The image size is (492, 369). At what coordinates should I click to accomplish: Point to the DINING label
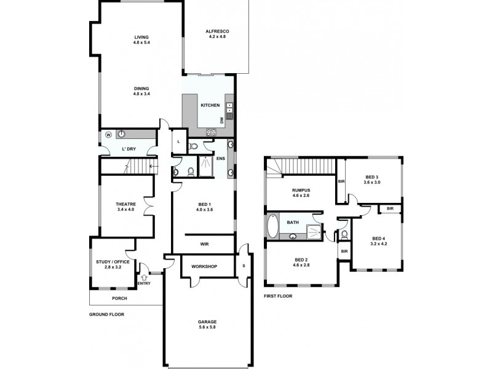[x=141, y=88]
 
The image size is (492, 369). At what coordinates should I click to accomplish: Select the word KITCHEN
[x=210, y=105]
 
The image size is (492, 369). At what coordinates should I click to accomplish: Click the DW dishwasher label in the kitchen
[x=221, y=120]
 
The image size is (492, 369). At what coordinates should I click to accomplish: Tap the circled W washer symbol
[x=108, y=135]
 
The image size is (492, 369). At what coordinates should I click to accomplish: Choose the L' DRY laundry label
[x=129, y=149]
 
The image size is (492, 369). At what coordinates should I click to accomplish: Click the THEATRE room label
[x=125, y=204]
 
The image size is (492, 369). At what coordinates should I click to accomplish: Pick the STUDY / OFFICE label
[x=113, y=263]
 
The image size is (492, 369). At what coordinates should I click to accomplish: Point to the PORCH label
[x=119, y=299]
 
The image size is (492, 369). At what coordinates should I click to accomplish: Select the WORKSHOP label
[x=205, y=267]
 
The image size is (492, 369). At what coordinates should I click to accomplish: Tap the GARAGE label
[x=207, y=322]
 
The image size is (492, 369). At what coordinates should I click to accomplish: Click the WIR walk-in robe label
[x=204, y=244]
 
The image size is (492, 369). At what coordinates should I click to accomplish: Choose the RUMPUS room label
[x=301, y=190]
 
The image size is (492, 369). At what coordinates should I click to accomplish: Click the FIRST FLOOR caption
[x=278, y=296]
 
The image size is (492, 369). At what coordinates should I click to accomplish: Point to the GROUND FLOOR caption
[x=107, y=314]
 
